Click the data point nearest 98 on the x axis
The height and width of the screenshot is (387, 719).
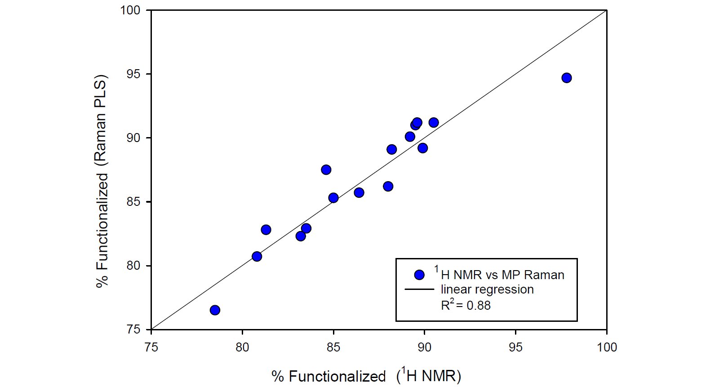[566, 78]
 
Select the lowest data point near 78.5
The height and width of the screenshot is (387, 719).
[215, 310]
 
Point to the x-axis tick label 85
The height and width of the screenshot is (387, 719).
[333, 347]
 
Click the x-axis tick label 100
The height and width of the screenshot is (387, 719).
[606, 347]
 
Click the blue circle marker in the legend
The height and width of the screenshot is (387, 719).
[419, 275]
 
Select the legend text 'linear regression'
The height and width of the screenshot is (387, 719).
[487, 289]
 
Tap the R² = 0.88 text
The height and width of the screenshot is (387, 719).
[466, 305]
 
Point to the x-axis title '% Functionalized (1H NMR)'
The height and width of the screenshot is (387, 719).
[366, 375]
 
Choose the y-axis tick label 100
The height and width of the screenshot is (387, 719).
[130, 10]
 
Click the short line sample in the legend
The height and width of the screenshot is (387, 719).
[419, 289]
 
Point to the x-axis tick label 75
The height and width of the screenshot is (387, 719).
[151, 347]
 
